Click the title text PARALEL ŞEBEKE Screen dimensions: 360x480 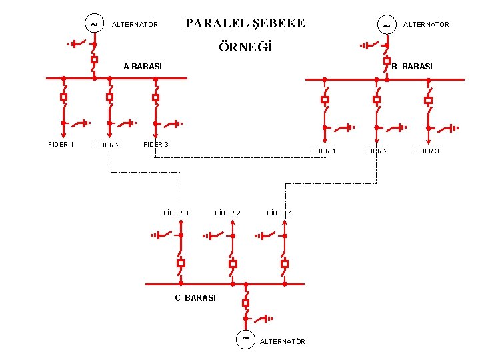(x=245, y=23)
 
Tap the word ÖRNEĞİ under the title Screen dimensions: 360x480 (x=246, y=48)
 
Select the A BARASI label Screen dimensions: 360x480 (x=143, y=67)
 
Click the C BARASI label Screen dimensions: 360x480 (x=195, y=298)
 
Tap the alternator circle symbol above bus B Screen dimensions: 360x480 (x=386, y=25)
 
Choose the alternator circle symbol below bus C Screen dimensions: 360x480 (x=245, y=339)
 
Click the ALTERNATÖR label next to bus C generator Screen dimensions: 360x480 (x=283, y=342)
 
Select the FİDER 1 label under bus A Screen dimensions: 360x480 (x=61, y=144)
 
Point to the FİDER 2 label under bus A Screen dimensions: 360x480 (x=107, y=145)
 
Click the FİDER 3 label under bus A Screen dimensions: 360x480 (x=156, y=144)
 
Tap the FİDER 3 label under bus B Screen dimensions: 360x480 (x=427, y=151)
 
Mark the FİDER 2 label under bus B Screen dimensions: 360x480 (x=375, y=151)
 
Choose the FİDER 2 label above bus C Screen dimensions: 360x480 (x=227, y=213)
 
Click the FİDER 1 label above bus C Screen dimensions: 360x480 (x=279, y=213)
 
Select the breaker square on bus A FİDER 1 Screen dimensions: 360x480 (x=63, y=97)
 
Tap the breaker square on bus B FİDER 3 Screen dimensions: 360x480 (x=429, y=101)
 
